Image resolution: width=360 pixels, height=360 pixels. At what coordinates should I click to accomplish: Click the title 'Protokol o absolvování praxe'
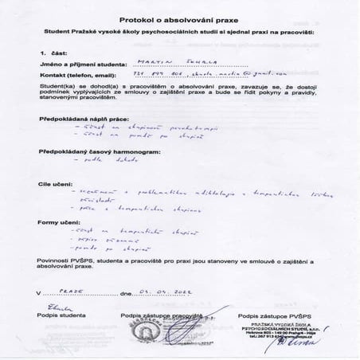coord(180,15)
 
